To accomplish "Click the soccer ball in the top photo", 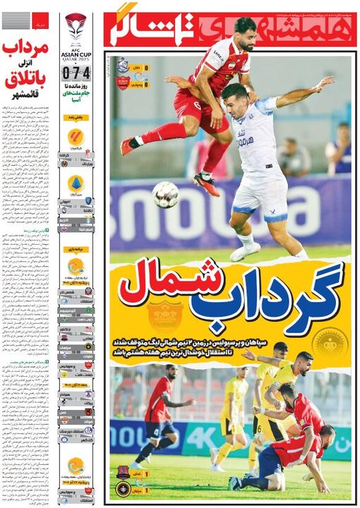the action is [165, 194].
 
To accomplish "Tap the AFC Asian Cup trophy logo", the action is [76, 26].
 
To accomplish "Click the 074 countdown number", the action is [76, 71].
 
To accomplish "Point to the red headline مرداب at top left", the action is [25, 49].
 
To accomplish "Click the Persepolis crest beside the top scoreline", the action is [122, 83].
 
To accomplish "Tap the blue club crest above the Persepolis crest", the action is [122, 66].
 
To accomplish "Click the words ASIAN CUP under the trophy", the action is [76, 52].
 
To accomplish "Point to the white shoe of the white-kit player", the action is [244, 251].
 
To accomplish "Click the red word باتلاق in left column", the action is [25, 82].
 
